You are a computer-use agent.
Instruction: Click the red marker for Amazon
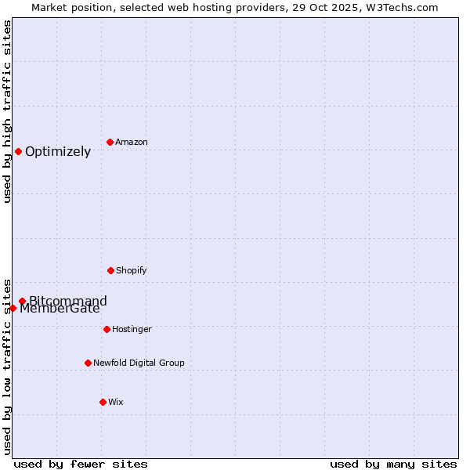110,142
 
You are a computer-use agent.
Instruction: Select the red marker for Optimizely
18,151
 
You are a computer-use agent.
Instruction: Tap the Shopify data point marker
110,270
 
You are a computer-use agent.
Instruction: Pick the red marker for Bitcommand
22,301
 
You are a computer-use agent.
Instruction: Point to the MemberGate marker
13,308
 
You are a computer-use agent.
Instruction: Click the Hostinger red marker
107,329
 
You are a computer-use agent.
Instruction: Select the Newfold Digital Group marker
88,363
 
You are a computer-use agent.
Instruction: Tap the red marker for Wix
103,402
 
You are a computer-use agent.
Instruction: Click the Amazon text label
132,142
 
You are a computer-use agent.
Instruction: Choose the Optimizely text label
58,151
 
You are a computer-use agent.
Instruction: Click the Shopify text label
132,270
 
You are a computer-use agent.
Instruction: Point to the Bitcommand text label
68,300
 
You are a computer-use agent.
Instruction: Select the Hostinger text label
132,329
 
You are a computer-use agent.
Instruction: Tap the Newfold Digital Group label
139,363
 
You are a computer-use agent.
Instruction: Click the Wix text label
116,402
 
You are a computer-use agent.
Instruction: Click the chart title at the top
235,7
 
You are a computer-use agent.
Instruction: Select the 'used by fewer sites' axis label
81,464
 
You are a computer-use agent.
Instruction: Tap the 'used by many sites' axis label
393,464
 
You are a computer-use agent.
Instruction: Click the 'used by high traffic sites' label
7,111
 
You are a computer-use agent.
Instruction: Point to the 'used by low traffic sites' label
7,366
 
